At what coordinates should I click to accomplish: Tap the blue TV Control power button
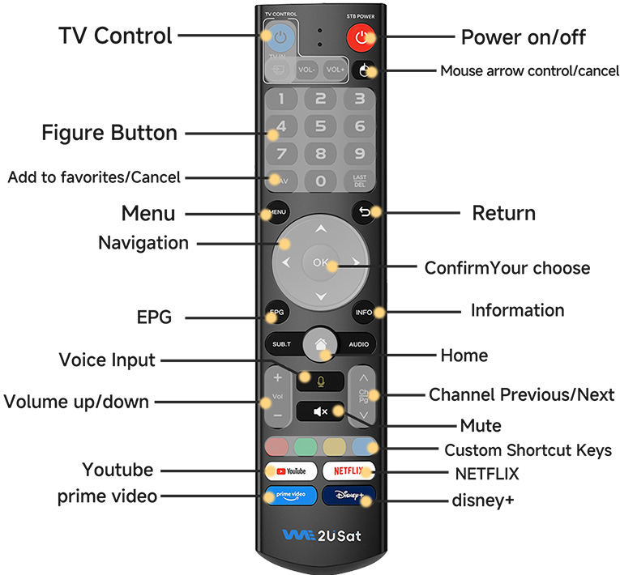[x=279, y=36]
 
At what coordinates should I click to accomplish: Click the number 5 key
[x=320, y=126]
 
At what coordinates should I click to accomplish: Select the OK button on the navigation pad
[x=320, y=262]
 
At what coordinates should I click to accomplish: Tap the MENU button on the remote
[x=277, y=213]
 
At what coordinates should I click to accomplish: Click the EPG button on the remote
[x=277, y=312]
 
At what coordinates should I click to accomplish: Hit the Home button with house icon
[x=320, y=343]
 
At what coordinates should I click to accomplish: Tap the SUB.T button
[x=281, y=344]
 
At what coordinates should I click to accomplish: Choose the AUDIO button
[x=358, y=344]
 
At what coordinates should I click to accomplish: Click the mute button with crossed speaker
[x=320, y=411]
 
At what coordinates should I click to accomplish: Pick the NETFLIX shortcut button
[x=348, y=471]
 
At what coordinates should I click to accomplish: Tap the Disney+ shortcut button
[x=348, y=496]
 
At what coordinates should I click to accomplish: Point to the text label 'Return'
[x=503, y=213]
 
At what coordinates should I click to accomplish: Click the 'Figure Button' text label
[x=109, y=132]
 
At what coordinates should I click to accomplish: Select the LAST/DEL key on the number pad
[x=360, y=181]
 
